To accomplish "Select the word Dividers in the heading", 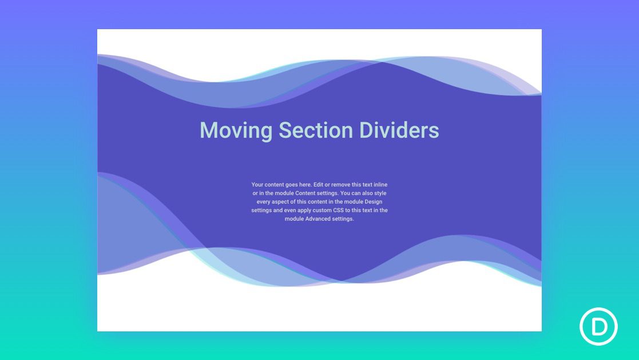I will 399,130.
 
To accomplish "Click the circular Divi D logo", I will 598,327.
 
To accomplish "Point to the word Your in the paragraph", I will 257,185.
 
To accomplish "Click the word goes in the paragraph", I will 292,185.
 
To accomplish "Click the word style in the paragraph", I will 380,193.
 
